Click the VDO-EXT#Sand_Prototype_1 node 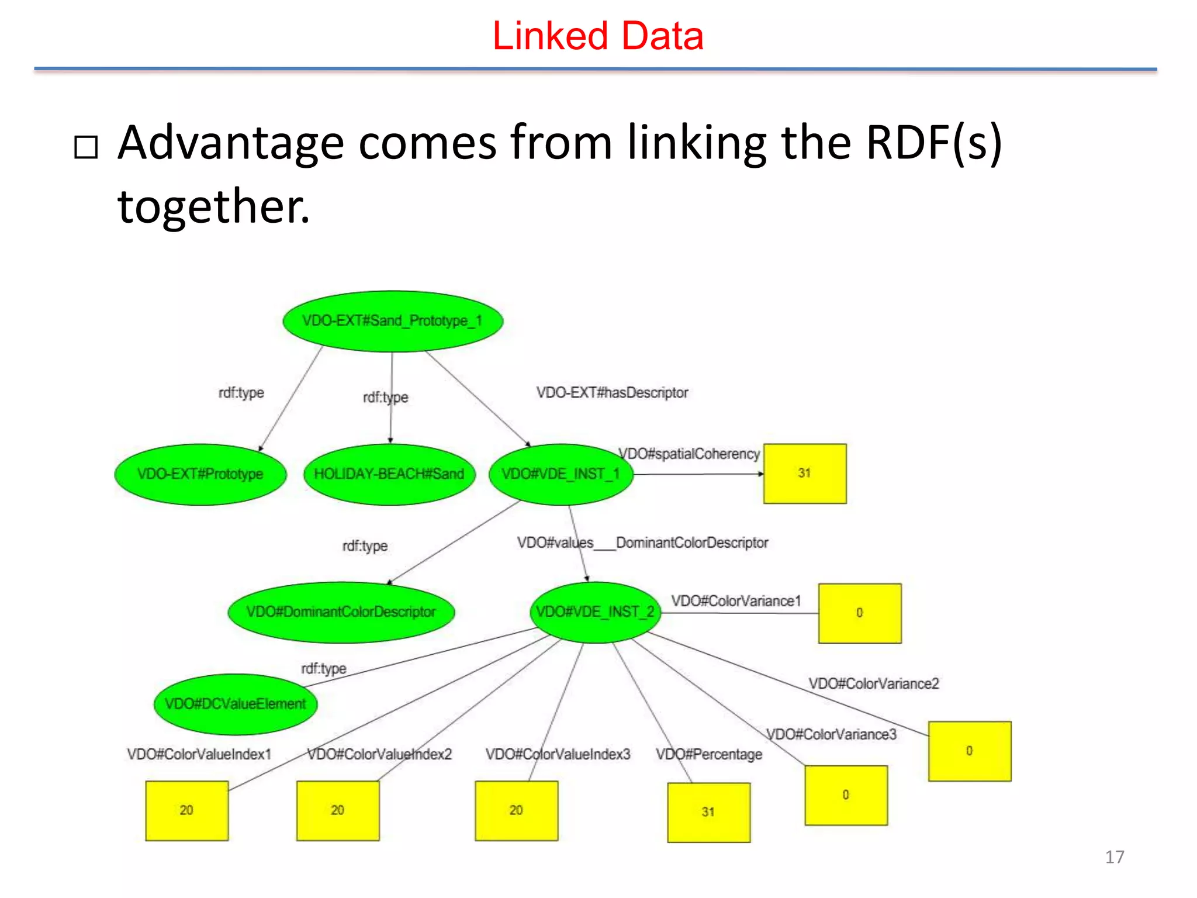(392, 321)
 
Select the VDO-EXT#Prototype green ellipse (200, 474)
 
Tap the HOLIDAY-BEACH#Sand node (389, 474)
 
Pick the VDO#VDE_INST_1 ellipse (561, 474)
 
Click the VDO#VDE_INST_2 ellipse (595, 612)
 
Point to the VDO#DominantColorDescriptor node (341, 612)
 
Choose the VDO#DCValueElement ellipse (236, 704)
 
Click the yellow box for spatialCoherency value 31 (805, 474)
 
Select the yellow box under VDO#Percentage (708, 812)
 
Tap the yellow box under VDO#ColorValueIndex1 (186, 810)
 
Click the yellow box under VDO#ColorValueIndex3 (516, 810)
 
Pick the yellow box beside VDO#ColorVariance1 (860, 613)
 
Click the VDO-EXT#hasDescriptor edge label (612, 392)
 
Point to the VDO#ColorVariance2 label (874, 683)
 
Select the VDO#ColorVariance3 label (831, 734)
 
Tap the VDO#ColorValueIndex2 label (380, 754)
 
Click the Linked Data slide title (598, 36)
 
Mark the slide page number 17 (1114, 857)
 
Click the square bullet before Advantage (86, 147)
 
